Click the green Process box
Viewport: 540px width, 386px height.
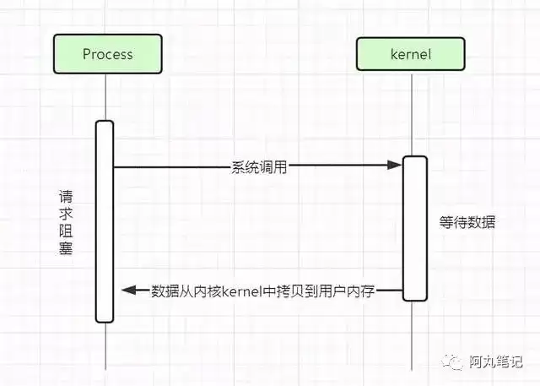[x=108, y=54]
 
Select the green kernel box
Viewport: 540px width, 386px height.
[x=411, y=54]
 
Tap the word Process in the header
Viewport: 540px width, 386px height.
[x=108, y=54]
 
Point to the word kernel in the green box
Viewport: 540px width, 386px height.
[x=411, y=54]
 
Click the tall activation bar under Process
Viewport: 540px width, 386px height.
[x=105, y=221]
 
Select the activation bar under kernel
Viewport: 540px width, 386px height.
[x=415, y=229]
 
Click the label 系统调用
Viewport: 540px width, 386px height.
[x=259, y=167]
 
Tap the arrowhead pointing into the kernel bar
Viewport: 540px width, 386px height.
[x=395, y=165]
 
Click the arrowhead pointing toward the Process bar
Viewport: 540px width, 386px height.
[x=129, y=291]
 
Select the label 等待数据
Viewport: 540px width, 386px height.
[x=467, y=222]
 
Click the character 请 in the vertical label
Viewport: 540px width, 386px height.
[x=66, y=197]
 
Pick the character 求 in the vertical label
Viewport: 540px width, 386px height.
[x=66, y=214]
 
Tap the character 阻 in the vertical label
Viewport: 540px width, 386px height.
[x=66, y=231]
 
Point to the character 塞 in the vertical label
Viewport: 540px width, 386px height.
[x=66, y=247]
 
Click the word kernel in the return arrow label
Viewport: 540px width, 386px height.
[x=242, y=291]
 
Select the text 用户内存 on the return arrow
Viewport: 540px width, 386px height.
[x=347, y=291]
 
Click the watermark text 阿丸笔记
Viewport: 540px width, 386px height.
[x=495, y=362]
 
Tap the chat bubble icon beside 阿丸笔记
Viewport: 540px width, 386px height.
[x=452, y=362]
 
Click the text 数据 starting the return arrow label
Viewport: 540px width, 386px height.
[x=165, y=291]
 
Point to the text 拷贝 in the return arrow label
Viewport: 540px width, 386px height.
[x=290, y=291]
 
